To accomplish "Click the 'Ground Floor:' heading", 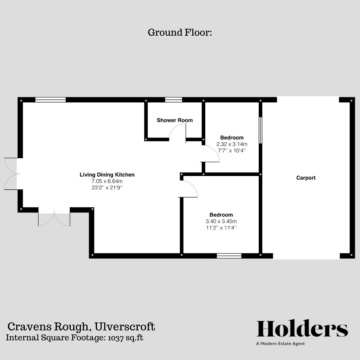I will point(180,33).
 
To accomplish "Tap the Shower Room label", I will point(175,120).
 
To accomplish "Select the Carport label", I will point(306,178).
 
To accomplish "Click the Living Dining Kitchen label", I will point(107,175).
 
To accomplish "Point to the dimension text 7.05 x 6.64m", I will point(107,181).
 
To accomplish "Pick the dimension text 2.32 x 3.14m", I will point(232,144).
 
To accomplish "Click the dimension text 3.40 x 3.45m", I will point(221,221).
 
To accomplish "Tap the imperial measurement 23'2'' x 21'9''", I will point(107,187).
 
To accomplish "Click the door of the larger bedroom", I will point(188,189).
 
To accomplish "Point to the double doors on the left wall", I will point(11,174).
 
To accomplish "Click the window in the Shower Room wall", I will point(173,100).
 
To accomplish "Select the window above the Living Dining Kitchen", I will point(50,100).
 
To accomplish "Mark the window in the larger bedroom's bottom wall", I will point(229,256).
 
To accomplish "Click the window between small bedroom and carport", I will point(260,130).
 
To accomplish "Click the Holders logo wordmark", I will point(302,329).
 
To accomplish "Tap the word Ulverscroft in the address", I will point(125,326).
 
